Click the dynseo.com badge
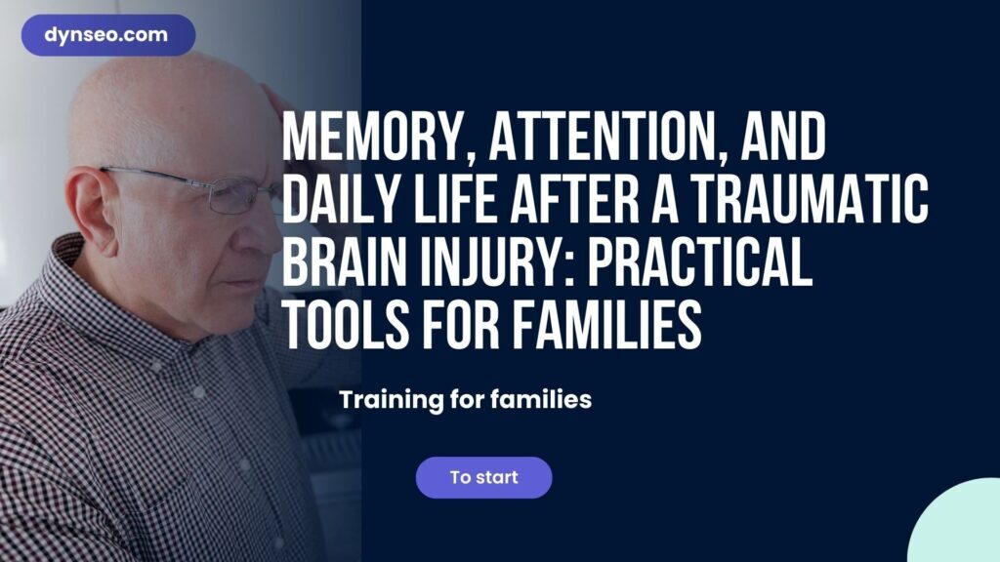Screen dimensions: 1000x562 click(108, 35)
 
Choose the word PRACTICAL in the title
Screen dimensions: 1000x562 click(699, 261)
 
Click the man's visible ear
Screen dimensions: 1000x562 click(92, 211)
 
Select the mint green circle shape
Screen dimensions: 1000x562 click(957, 523)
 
